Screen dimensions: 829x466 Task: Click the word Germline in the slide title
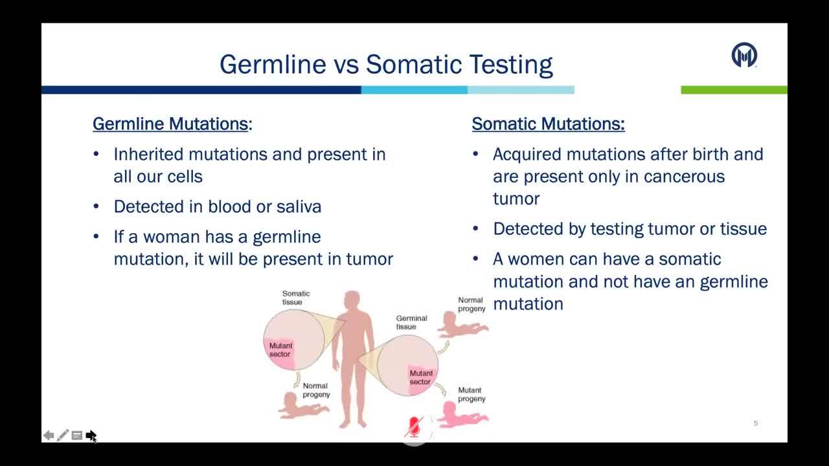[x=273, y=65]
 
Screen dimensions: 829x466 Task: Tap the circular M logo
[x=744, y=55]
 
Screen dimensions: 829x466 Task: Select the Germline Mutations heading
[x=170, y=124]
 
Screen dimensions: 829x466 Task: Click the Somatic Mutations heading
[x=548, y=124]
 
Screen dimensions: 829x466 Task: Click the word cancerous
[x=685, y=177]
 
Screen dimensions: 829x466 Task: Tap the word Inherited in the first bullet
[x=148, y=154]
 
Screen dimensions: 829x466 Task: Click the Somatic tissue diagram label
[x=296, y=298]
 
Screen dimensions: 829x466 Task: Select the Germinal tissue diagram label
[x=411, y=322]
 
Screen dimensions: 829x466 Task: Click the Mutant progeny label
[x=471, y=395]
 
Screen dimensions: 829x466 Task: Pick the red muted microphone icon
[x=414, y=427]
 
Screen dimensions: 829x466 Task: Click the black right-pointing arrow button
[x=91, y=436]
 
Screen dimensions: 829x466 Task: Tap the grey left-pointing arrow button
[x=49, y=436]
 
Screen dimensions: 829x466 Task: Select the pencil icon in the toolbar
[x=63, y=436]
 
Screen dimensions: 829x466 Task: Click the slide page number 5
[x=756, y=423]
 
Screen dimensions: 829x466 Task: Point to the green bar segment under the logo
[x=734, y=90]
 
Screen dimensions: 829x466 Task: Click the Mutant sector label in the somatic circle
[x=280, y=350]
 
